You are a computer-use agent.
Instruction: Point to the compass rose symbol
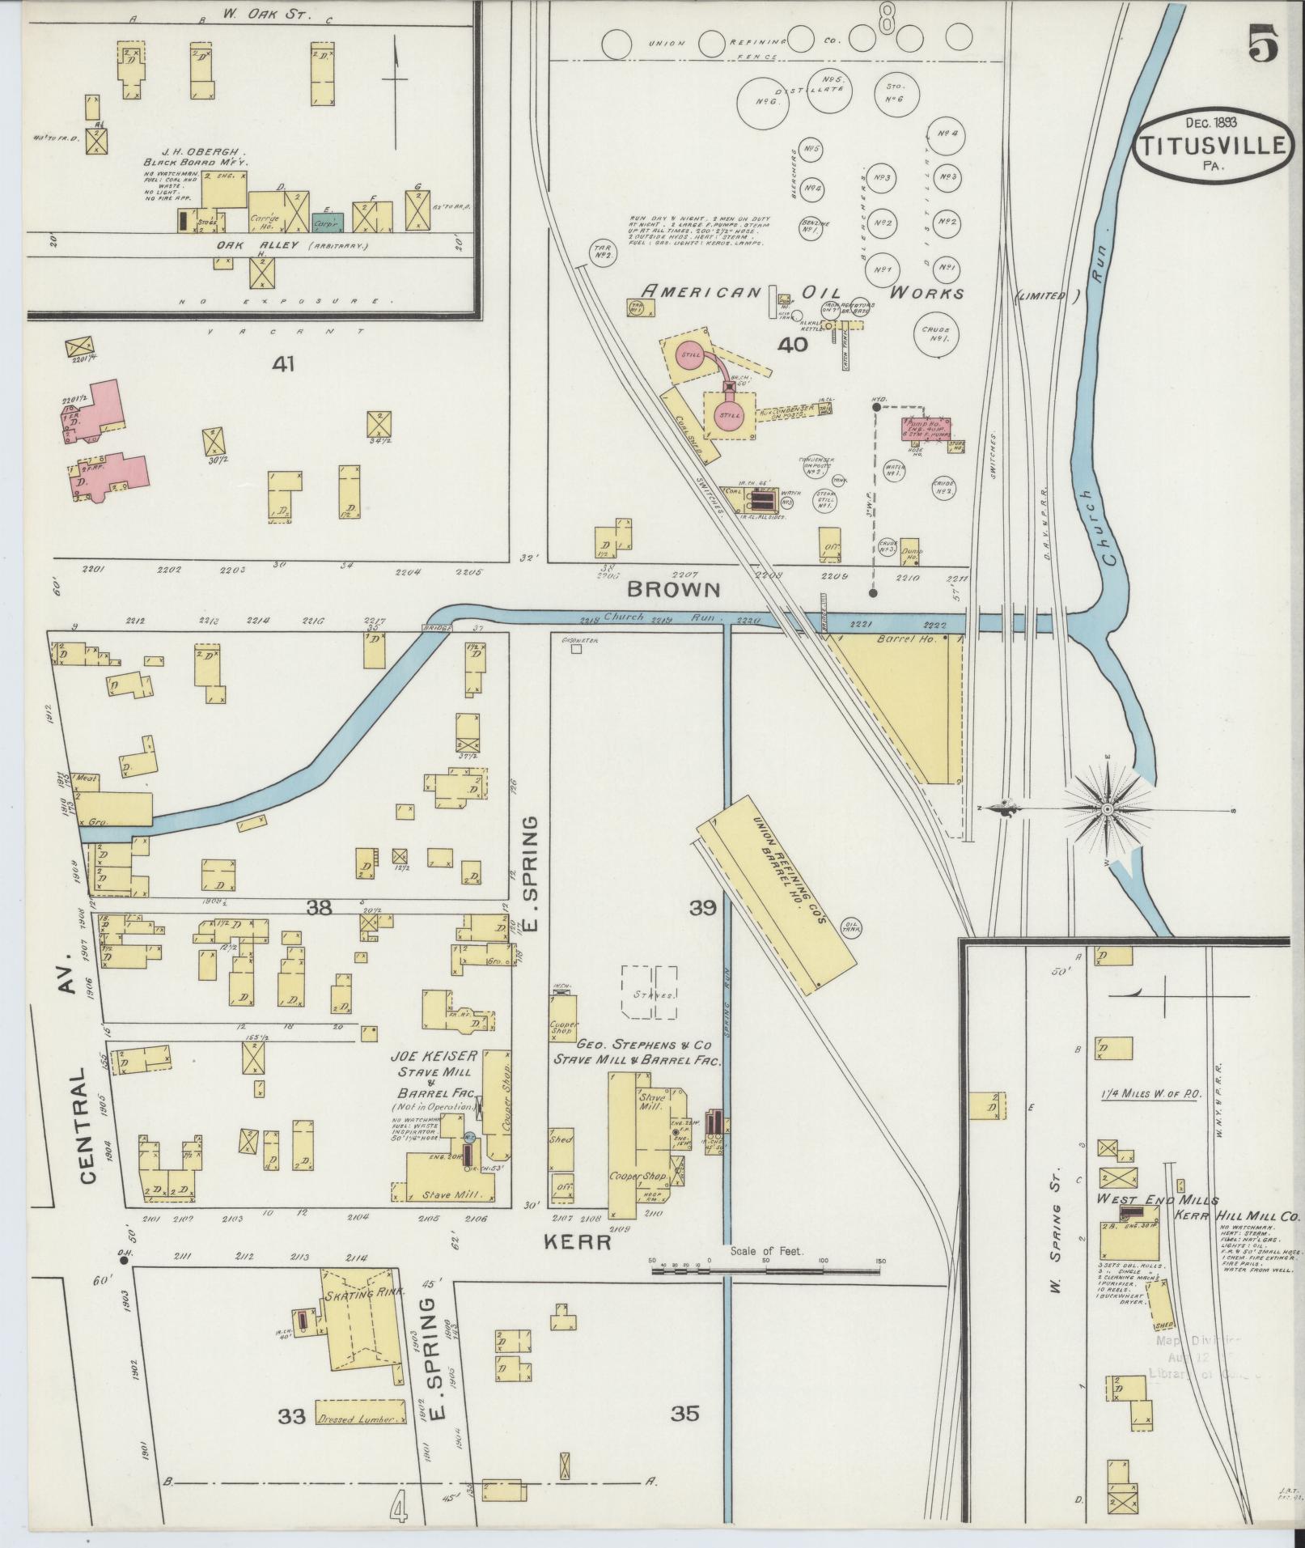(x=1106, y=808)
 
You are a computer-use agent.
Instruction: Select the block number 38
(x=319, y=908)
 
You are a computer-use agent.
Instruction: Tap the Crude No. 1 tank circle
(x=939, y=333)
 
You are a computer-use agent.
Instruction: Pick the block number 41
(x=282, y=365)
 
